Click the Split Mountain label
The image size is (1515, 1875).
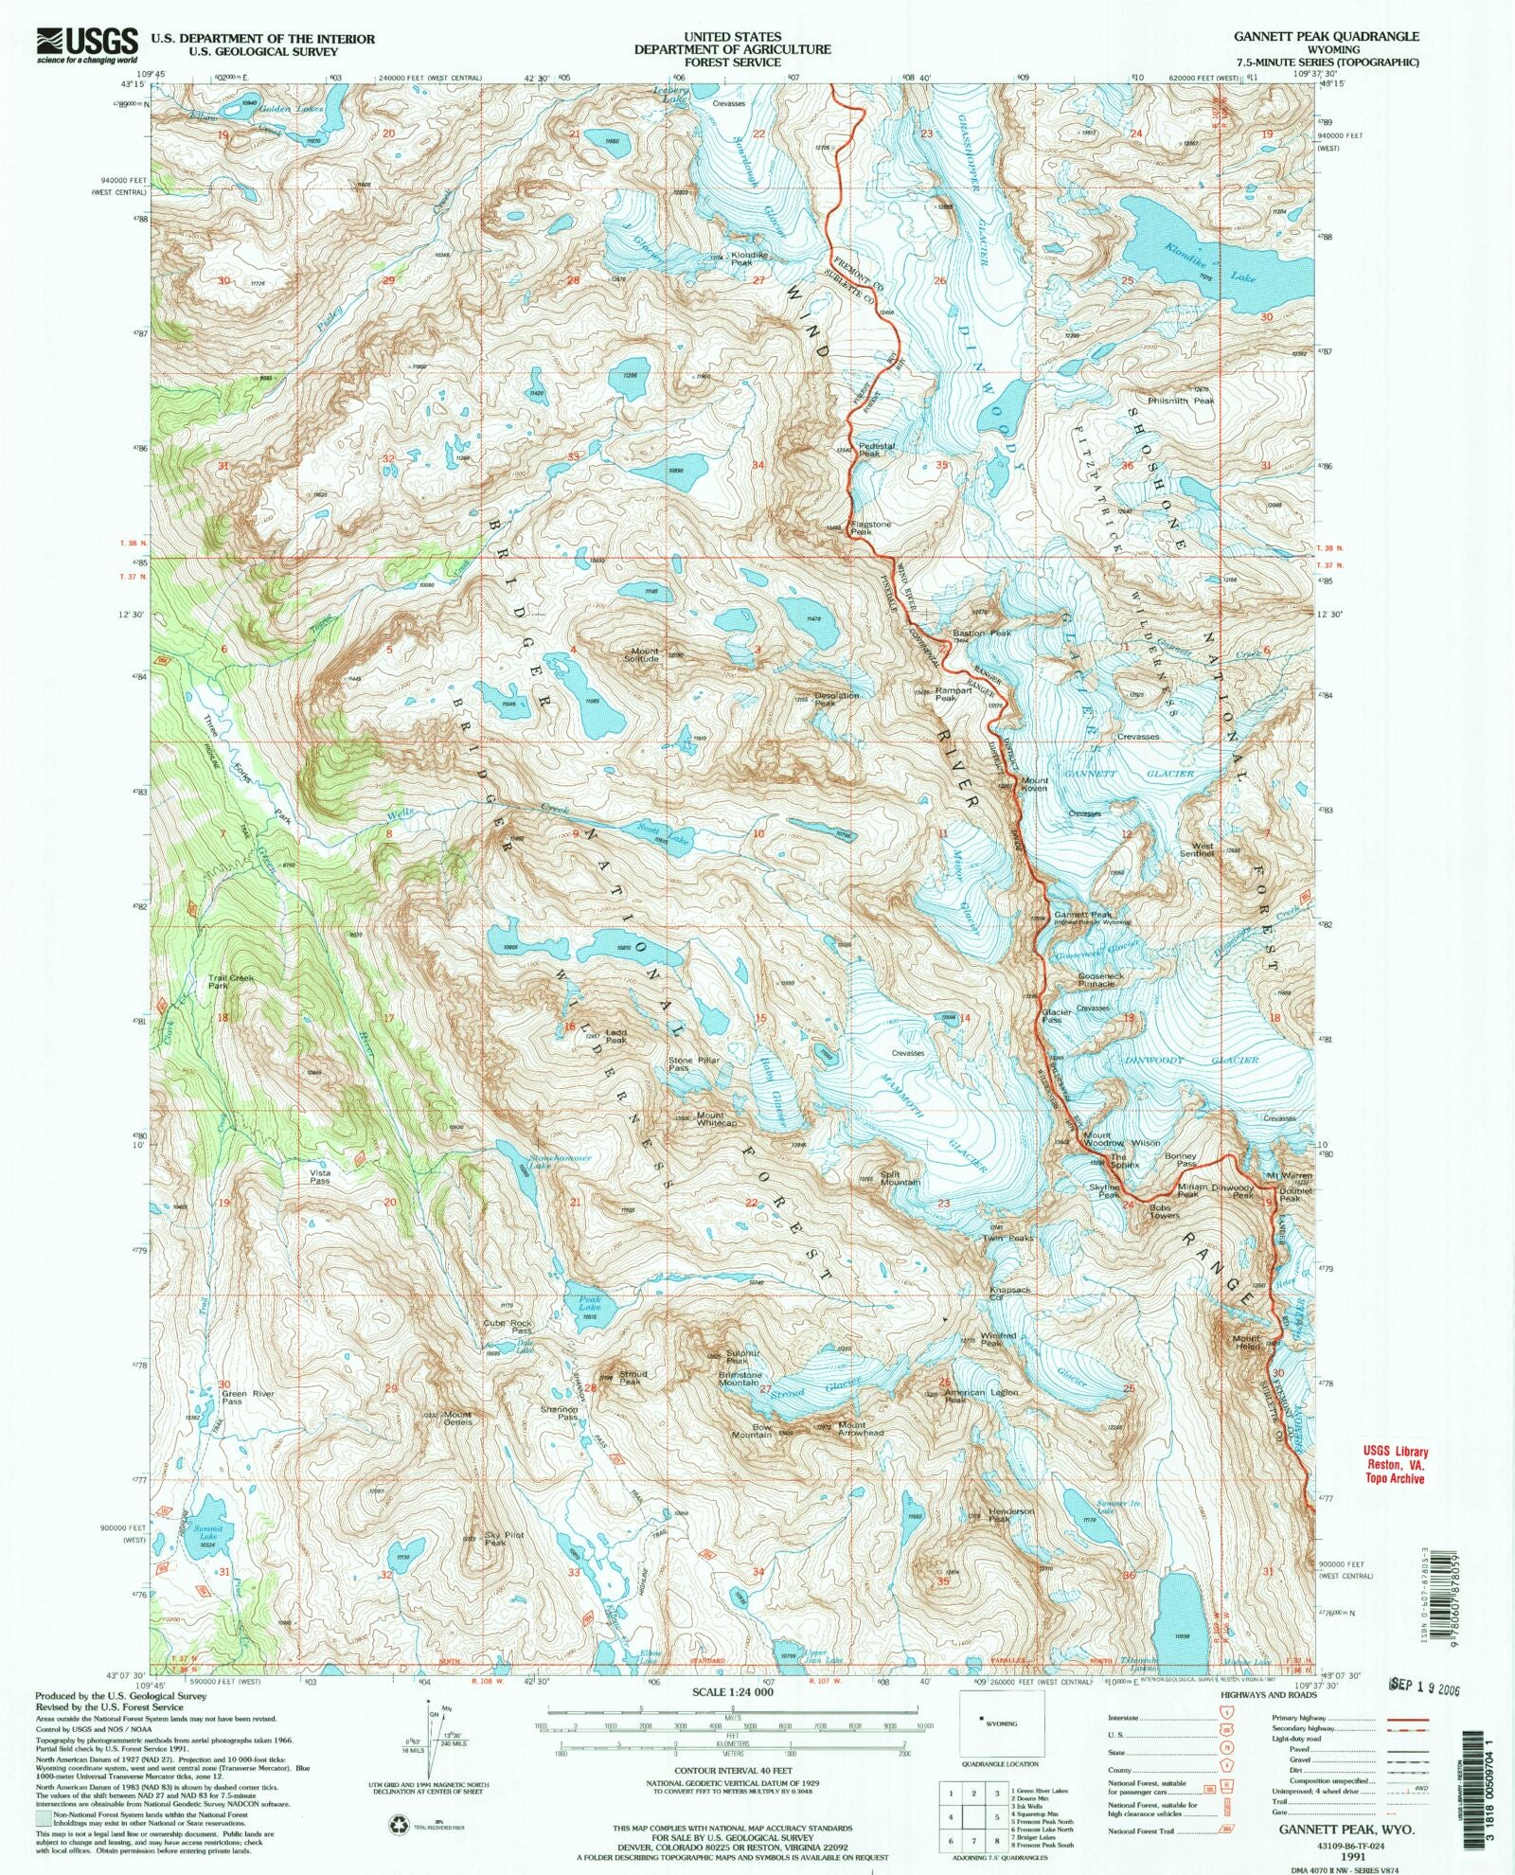click(x=900, y=1178)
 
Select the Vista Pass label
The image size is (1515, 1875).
click(x=320, y=1177)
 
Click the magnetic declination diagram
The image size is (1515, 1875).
click(x=430, y=1741)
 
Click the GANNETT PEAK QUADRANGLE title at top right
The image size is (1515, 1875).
click(x=1325, y=36)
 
